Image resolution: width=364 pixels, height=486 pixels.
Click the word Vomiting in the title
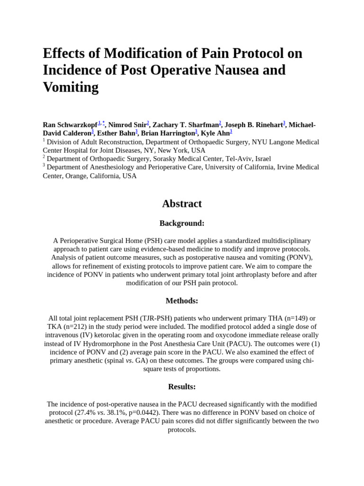tap(71, 87)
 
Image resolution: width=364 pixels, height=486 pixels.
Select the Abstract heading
tap(182, 204)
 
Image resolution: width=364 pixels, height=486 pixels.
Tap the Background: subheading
tap(182, 223)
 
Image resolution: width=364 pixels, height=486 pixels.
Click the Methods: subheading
tap(182, 300)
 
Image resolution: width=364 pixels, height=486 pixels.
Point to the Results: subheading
tap(182, 386)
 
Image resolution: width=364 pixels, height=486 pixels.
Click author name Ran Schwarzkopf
tap(70, 125)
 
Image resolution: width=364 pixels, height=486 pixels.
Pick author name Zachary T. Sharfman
tap(186, 125)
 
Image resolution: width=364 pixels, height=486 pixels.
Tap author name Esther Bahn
tap(116, 133)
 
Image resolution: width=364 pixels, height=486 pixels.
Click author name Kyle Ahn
tap(215, 133)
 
